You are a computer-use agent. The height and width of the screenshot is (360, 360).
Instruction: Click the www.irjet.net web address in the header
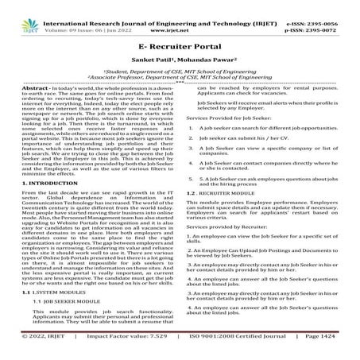[x=183, y=16]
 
